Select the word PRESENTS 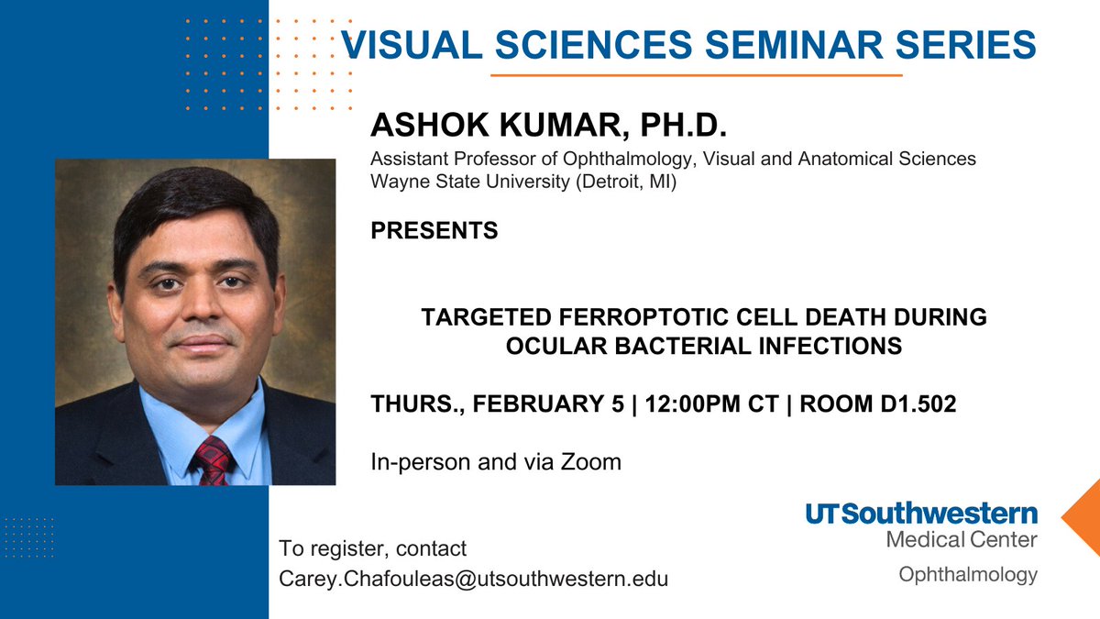point(434,230)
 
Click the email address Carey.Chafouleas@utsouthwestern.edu point(474,579)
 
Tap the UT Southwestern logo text point(922,514)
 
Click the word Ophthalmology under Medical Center point(968,575)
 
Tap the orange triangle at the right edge point(1083,516)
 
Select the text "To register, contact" point(373,549)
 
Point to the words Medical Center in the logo point(962,540)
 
